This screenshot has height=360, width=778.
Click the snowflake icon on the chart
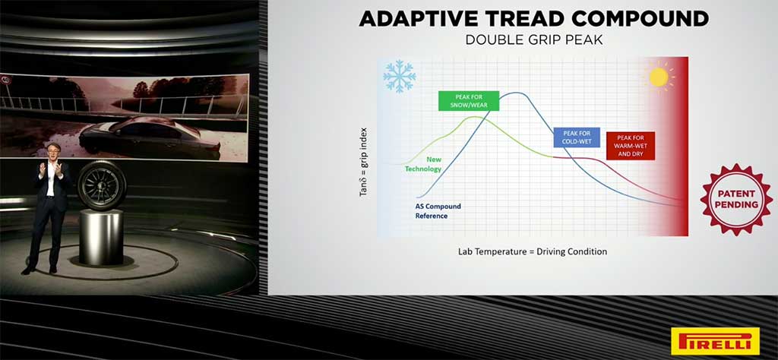(x=399, y=77)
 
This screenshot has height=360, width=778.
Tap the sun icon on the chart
(x=659, y=77)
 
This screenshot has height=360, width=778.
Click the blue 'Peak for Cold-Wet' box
(x=577, y=137)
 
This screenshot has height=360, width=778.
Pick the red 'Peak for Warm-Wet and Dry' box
(x=631, y=146)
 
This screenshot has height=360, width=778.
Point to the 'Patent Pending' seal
(x=736, y=199)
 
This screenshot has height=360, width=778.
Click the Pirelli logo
(x=715, y=341)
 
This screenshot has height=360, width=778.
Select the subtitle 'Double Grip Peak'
(x=534, y=40)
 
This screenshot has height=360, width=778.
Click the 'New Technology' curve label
(x=423, y=164)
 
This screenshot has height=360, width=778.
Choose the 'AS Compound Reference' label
(x=438, y=210)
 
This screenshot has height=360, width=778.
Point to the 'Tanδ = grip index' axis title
(x=364, y=162)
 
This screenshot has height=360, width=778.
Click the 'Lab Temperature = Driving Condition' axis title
(x=533, y=251)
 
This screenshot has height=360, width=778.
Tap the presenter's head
(x=52, y=150)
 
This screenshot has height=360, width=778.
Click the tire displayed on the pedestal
(x=103, y=185)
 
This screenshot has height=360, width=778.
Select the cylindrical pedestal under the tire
(x=101, y=237)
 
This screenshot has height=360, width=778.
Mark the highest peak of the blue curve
(x=516, y=93)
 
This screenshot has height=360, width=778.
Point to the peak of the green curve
(x=475, y=117)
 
